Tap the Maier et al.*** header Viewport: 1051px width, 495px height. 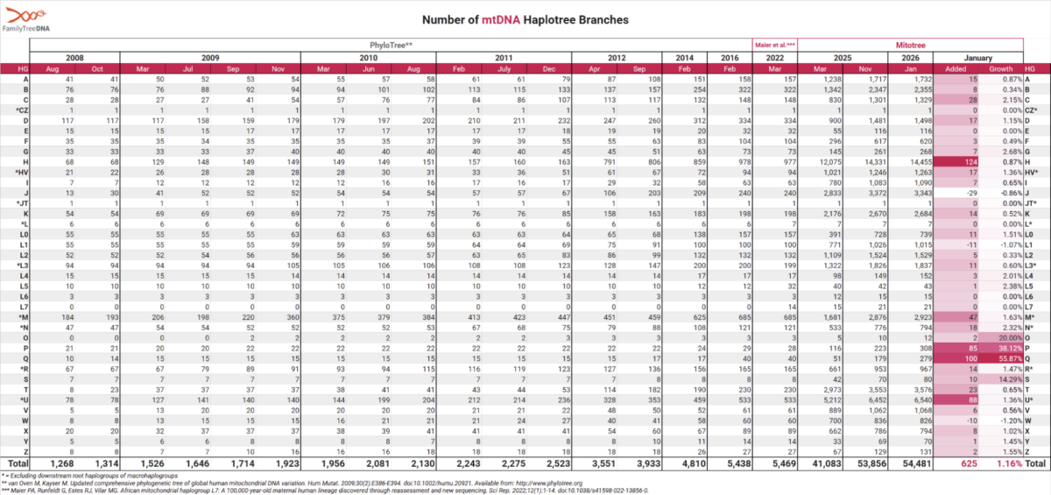pos(774,43)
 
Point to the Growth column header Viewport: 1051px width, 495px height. pos(999,68)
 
